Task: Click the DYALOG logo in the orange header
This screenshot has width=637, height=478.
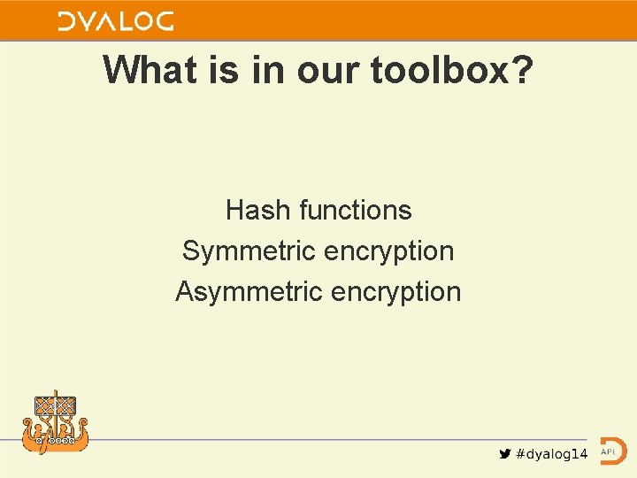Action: [x=115, y=21]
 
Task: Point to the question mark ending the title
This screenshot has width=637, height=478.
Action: [x=522, y=69]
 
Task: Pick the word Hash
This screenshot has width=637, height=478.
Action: [x=258, y=210]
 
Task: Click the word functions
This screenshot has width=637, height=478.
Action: [x=356, y=210]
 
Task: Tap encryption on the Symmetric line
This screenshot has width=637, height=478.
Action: [x=388, y=251]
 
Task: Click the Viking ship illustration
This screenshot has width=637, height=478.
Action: [x=56, y=423]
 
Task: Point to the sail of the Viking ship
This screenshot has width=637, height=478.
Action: [x=56, y=406]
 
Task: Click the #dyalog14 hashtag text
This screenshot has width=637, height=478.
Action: [x=551, y=453]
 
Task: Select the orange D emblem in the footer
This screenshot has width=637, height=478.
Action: [x=612, y=451]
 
